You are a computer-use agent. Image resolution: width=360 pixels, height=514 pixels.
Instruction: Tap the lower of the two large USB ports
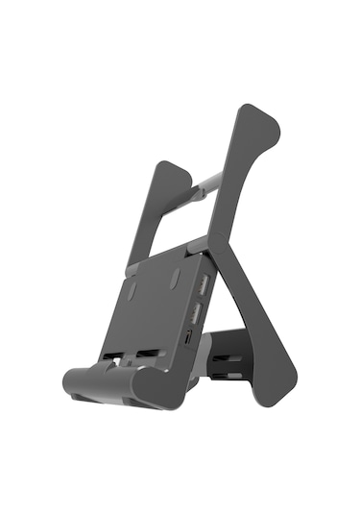coord(196,313)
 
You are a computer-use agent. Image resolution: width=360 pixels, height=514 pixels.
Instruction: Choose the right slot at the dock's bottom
coord(150,354)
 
